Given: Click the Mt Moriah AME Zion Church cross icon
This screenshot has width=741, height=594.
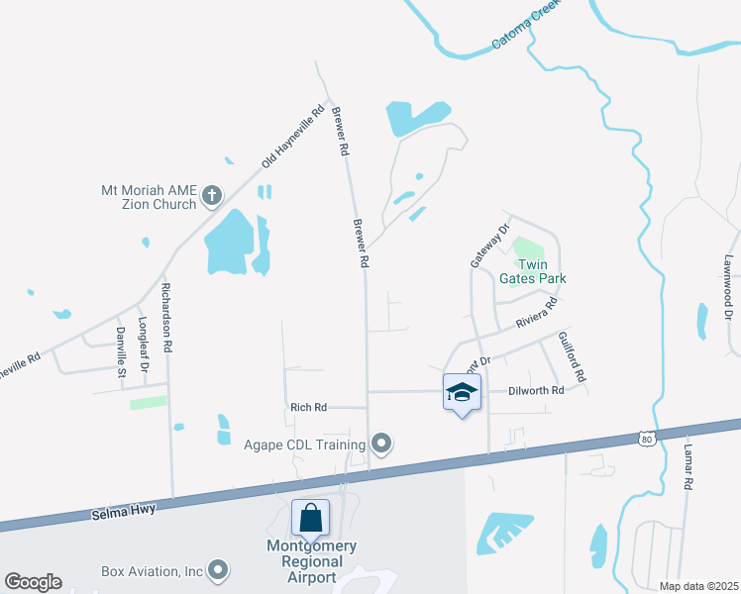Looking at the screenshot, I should tap(211, 196).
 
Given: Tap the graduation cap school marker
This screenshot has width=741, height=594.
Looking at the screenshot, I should tap(461, 393).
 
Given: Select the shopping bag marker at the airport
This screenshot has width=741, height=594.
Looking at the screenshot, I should tap(310, 517).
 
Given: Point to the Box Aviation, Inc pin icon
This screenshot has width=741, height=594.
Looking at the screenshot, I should tap(218, 570).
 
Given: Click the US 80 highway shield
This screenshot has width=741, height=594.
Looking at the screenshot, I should tap(647, 438).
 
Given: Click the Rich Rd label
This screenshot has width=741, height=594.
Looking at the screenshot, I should tap(308, 407).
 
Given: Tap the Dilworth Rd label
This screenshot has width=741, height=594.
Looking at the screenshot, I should tap(536, 390).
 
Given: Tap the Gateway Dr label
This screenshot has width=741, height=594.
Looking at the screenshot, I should tap(488, 245).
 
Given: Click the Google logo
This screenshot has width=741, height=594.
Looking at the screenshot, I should tap(34, 582).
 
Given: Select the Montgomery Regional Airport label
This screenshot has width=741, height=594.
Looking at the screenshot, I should tap(311, 561).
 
